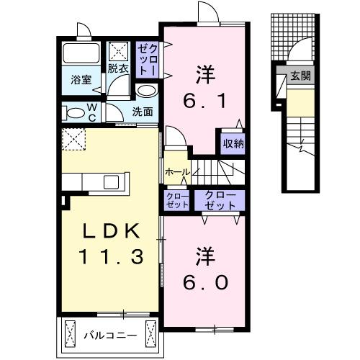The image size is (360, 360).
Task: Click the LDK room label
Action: point(108,230)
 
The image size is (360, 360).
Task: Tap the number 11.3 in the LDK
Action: point(108,256)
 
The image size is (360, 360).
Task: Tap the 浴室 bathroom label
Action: point(80,80)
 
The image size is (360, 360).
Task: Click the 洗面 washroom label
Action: point(143,112)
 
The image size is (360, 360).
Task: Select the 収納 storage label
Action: point(232,143)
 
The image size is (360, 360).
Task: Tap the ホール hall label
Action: point(176,172)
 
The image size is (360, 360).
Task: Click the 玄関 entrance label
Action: point(301,76)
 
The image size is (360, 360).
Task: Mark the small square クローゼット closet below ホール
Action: point(176,200)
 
